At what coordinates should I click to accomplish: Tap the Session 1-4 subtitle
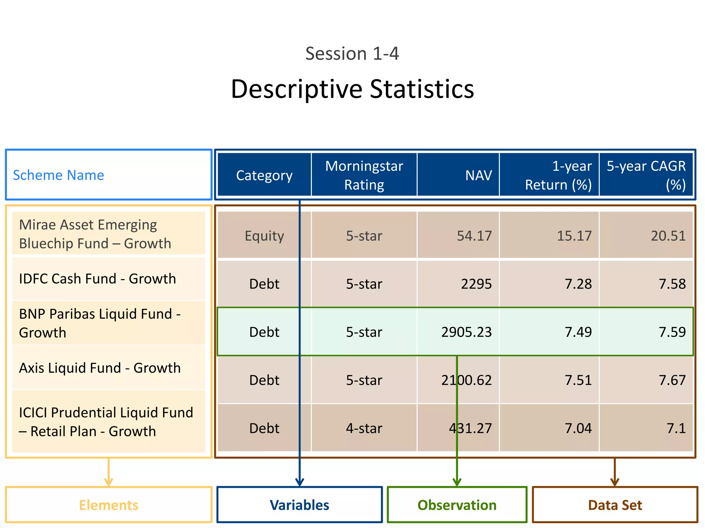tap(352, 54)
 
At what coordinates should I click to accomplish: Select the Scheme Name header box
tap(108, 175)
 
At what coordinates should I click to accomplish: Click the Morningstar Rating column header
tap(364, 175)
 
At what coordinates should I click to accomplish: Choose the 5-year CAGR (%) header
tap(646, 175)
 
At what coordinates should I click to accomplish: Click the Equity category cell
tap(264, 236)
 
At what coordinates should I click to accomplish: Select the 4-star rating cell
tap(364, 428)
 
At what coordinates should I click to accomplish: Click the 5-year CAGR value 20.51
tap(668, 236)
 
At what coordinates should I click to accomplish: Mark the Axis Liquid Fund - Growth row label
tap(100, 368)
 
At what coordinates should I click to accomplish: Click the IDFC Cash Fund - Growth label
tap(97, 279)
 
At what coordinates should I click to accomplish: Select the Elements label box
tap(108, 505)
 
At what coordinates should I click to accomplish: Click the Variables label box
tap(299, 505)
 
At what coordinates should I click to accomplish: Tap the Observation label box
tap(457, 505)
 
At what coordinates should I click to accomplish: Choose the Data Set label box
tap(615, 505)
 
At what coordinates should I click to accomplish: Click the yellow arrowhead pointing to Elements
tap(108, 482)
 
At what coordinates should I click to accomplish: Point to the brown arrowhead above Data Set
tap(615, 482)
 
